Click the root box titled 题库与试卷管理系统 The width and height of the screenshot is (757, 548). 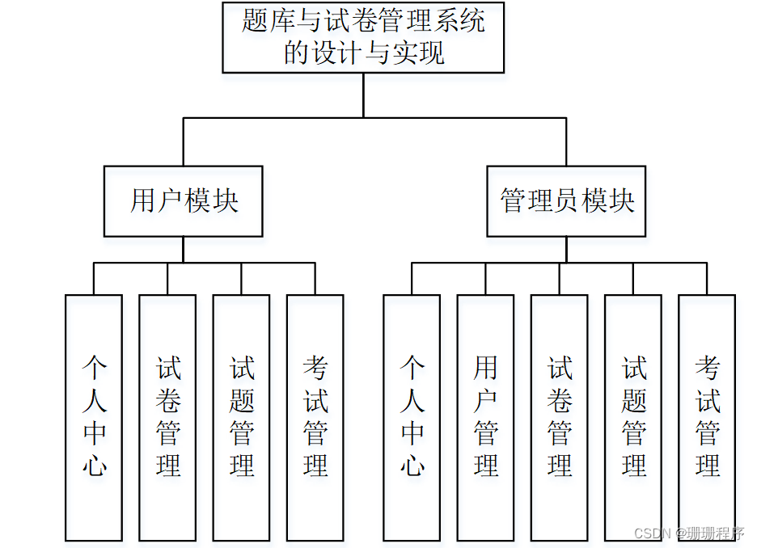[x=363, y=37]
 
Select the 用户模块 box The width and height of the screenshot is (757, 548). [x=184, y=201]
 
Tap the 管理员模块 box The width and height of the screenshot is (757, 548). [x=566, y=201]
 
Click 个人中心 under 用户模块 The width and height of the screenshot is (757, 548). [x=94, y=417]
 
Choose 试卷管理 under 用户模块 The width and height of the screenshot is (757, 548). [x=167, y=417]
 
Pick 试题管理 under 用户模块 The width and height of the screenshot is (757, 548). [x=241, y=417]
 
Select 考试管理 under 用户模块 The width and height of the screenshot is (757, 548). [x=315, y=417]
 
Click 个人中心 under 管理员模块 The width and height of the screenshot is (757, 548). [x=412, y=417]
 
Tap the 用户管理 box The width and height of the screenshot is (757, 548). [x=485, y=417]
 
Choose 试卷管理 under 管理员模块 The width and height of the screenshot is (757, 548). [x=559, y=417]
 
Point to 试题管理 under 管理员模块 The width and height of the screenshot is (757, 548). [x=633, y=417]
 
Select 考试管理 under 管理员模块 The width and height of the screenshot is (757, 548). [x=707, y=417]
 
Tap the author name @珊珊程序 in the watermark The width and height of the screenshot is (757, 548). [x=712, y=533]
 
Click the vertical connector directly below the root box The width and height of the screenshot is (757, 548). [x=363, y=95]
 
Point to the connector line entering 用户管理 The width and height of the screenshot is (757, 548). [x=485, y=279]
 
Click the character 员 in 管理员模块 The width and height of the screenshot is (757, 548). [x=567, y=201]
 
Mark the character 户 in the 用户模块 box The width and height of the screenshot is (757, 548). [x=171, y=201]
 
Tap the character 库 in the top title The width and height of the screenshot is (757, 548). [x=282, y=20]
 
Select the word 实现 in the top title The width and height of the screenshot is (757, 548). [x=417, y=53]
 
